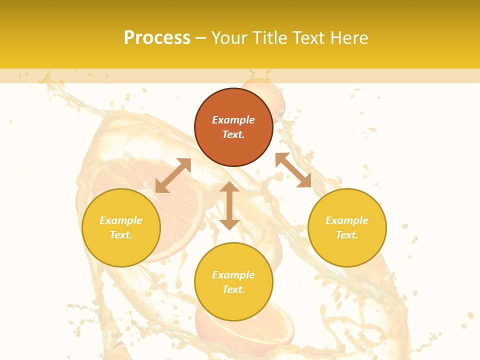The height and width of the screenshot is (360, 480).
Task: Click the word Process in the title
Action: click(x=157, y=38)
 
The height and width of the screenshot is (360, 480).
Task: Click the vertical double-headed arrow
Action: click(x=229, y=205)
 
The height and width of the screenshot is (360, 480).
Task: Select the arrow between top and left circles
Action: click(x=173, y=175)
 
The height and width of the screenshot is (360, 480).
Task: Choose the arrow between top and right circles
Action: click(x=293, y=170)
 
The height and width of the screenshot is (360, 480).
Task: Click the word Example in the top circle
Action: click(x=233, y=120)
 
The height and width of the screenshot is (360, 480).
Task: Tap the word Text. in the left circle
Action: click(x=121, y=235)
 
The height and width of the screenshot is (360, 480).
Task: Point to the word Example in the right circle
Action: click(x=347, y=220)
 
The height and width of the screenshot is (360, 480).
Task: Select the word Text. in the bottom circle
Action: click(x=233, y=289)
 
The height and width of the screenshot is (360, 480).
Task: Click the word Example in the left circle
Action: click(x=121, y=220)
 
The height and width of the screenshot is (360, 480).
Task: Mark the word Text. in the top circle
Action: click(x=233, y=134)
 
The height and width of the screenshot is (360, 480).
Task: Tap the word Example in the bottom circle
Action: click(x=233, y=275)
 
